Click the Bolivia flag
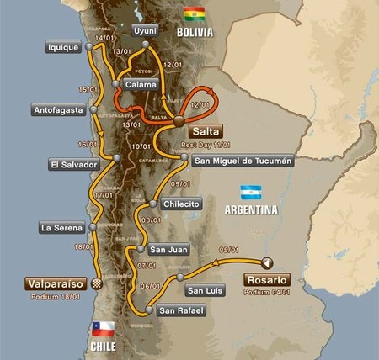point(194,14)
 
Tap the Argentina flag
point(251,192)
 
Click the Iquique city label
point(64,48)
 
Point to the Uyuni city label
point(145,31)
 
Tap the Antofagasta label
point(62,109)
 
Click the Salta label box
point(205,131)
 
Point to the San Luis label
point(205,290)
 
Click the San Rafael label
point(183,310)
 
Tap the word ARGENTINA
point(250,211)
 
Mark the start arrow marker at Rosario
point(267,261)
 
